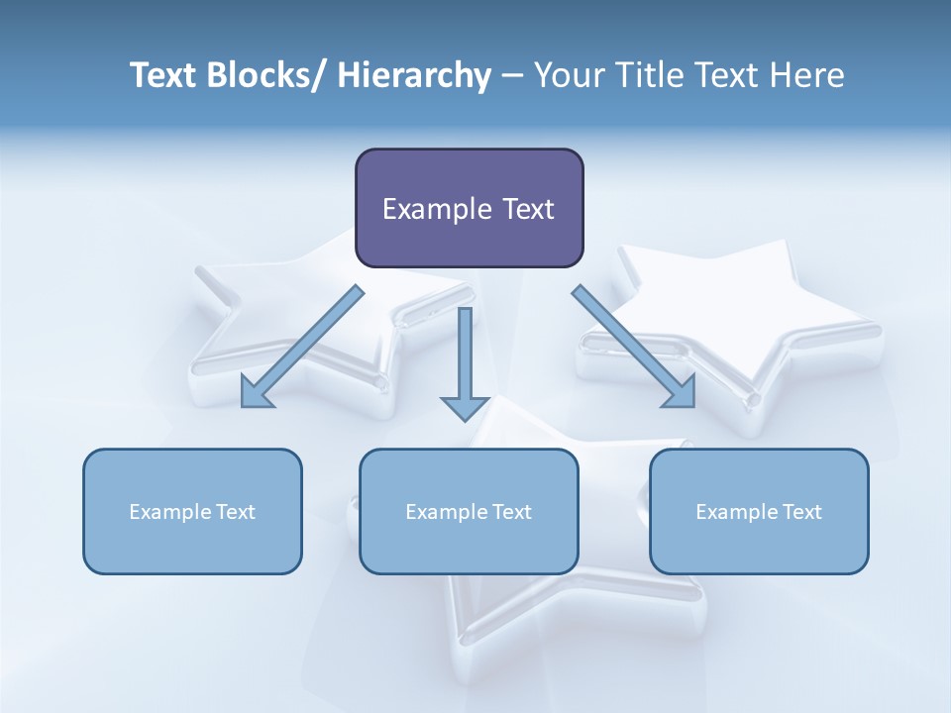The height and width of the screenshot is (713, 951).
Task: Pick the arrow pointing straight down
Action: [465, 356]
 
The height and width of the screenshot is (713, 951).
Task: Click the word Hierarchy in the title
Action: [414, 75]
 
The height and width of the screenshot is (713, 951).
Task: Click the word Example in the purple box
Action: [431, 209]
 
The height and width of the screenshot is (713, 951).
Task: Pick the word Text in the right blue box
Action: [801, 512]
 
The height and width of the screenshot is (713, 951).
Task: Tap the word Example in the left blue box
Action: [169, 512]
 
